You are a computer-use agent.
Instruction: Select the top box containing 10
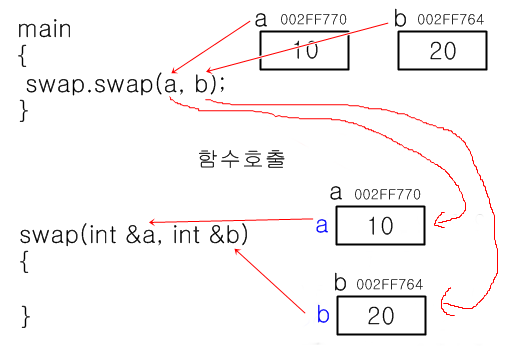pyautogui.click(x=307, y=51)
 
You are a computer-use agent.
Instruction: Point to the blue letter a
pyautogui.click(x=321, y=225)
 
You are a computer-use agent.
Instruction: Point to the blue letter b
pyautogui.click(x=322, y=315)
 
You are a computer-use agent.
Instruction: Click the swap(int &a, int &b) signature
pyautogui.click(x=134, y=237)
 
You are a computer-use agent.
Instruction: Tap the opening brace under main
pyautogui.click(x=22, y=56)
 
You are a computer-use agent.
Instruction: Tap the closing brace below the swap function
pyautogui.click(x=26, y=318)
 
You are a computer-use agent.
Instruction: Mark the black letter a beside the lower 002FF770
pyautogui.click(x=336, y=191)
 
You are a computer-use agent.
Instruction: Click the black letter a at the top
pyautogui.click(x=262, y=17)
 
